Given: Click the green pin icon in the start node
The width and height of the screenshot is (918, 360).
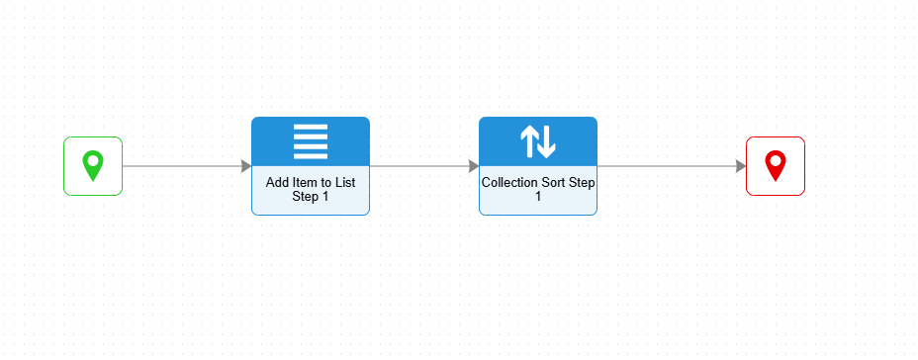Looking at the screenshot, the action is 93,165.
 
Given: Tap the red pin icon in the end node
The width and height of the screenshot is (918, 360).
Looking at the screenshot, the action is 776,165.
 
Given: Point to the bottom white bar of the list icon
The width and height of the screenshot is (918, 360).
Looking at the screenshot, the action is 311,155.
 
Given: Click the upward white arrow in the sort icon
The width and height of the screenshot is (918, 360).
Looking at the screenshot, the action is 528,142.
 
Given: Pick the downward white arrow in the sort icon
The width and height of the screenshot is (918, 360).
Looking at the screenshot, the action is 547,142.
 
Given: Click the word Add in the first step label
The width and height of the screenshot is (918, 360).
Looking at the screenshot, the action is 276,183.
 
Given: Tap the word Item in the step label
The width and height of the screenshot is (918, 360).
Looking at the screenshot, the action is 302,183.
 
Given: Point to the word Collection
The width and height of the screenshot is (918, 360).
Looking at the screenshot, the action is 506,183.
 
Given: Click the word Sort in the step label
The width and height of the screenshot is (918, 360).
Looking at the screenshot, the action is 546,183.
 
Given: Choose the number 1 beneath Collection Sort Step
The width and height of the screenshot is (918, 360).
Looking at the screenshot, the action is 538,197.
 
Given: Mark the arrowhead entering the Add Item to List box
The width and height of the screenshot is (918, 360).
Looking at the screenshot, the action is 246,166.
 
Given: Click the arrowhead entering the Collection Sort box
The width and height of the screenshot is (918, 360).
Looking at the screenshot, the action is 474,166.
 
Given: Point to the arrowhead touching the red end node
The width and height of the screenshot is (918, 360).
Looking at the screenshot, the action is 741,166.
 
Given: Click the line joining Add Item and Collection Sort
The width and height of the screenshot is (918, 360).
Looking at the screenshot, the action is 419,166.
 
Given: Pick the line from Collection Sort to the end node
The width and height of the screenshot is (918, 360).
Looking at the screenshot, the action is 667,166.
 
